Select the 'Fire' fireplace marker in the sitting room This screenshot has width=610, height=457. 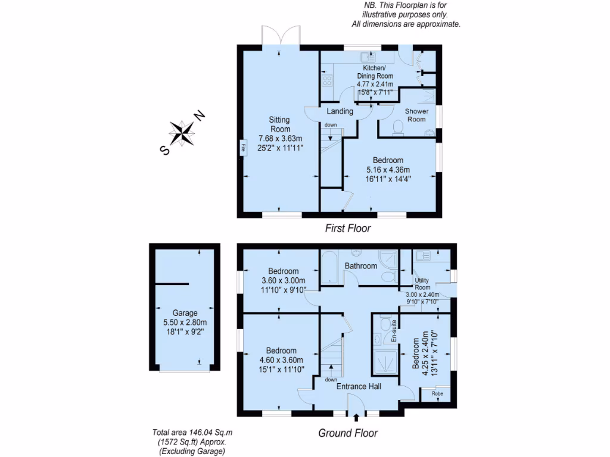tap(243, 148)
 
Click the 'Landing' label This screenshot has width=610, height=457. tap(340, 111)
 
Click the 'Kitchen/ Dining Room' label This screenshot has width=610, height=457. tap(375, 72)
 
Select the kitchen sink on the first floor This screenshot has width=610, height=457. tap(368, 58)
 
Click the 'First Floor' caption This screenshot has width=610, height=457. tap(348, 228)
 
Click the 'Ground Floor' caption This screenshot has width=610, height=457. tap(348, 433)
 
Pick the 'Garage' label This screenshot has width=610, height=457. tap(185, 313)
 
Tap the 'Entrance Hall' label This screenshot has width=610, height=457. tap(359, 387)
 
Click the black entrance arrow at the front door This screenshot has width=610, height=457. tap(356, 418)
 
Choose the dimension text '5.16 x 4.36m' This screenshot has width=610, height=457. tap(388, 170)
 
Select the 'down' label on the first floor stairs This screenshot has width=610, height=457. tap(331, 125)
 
